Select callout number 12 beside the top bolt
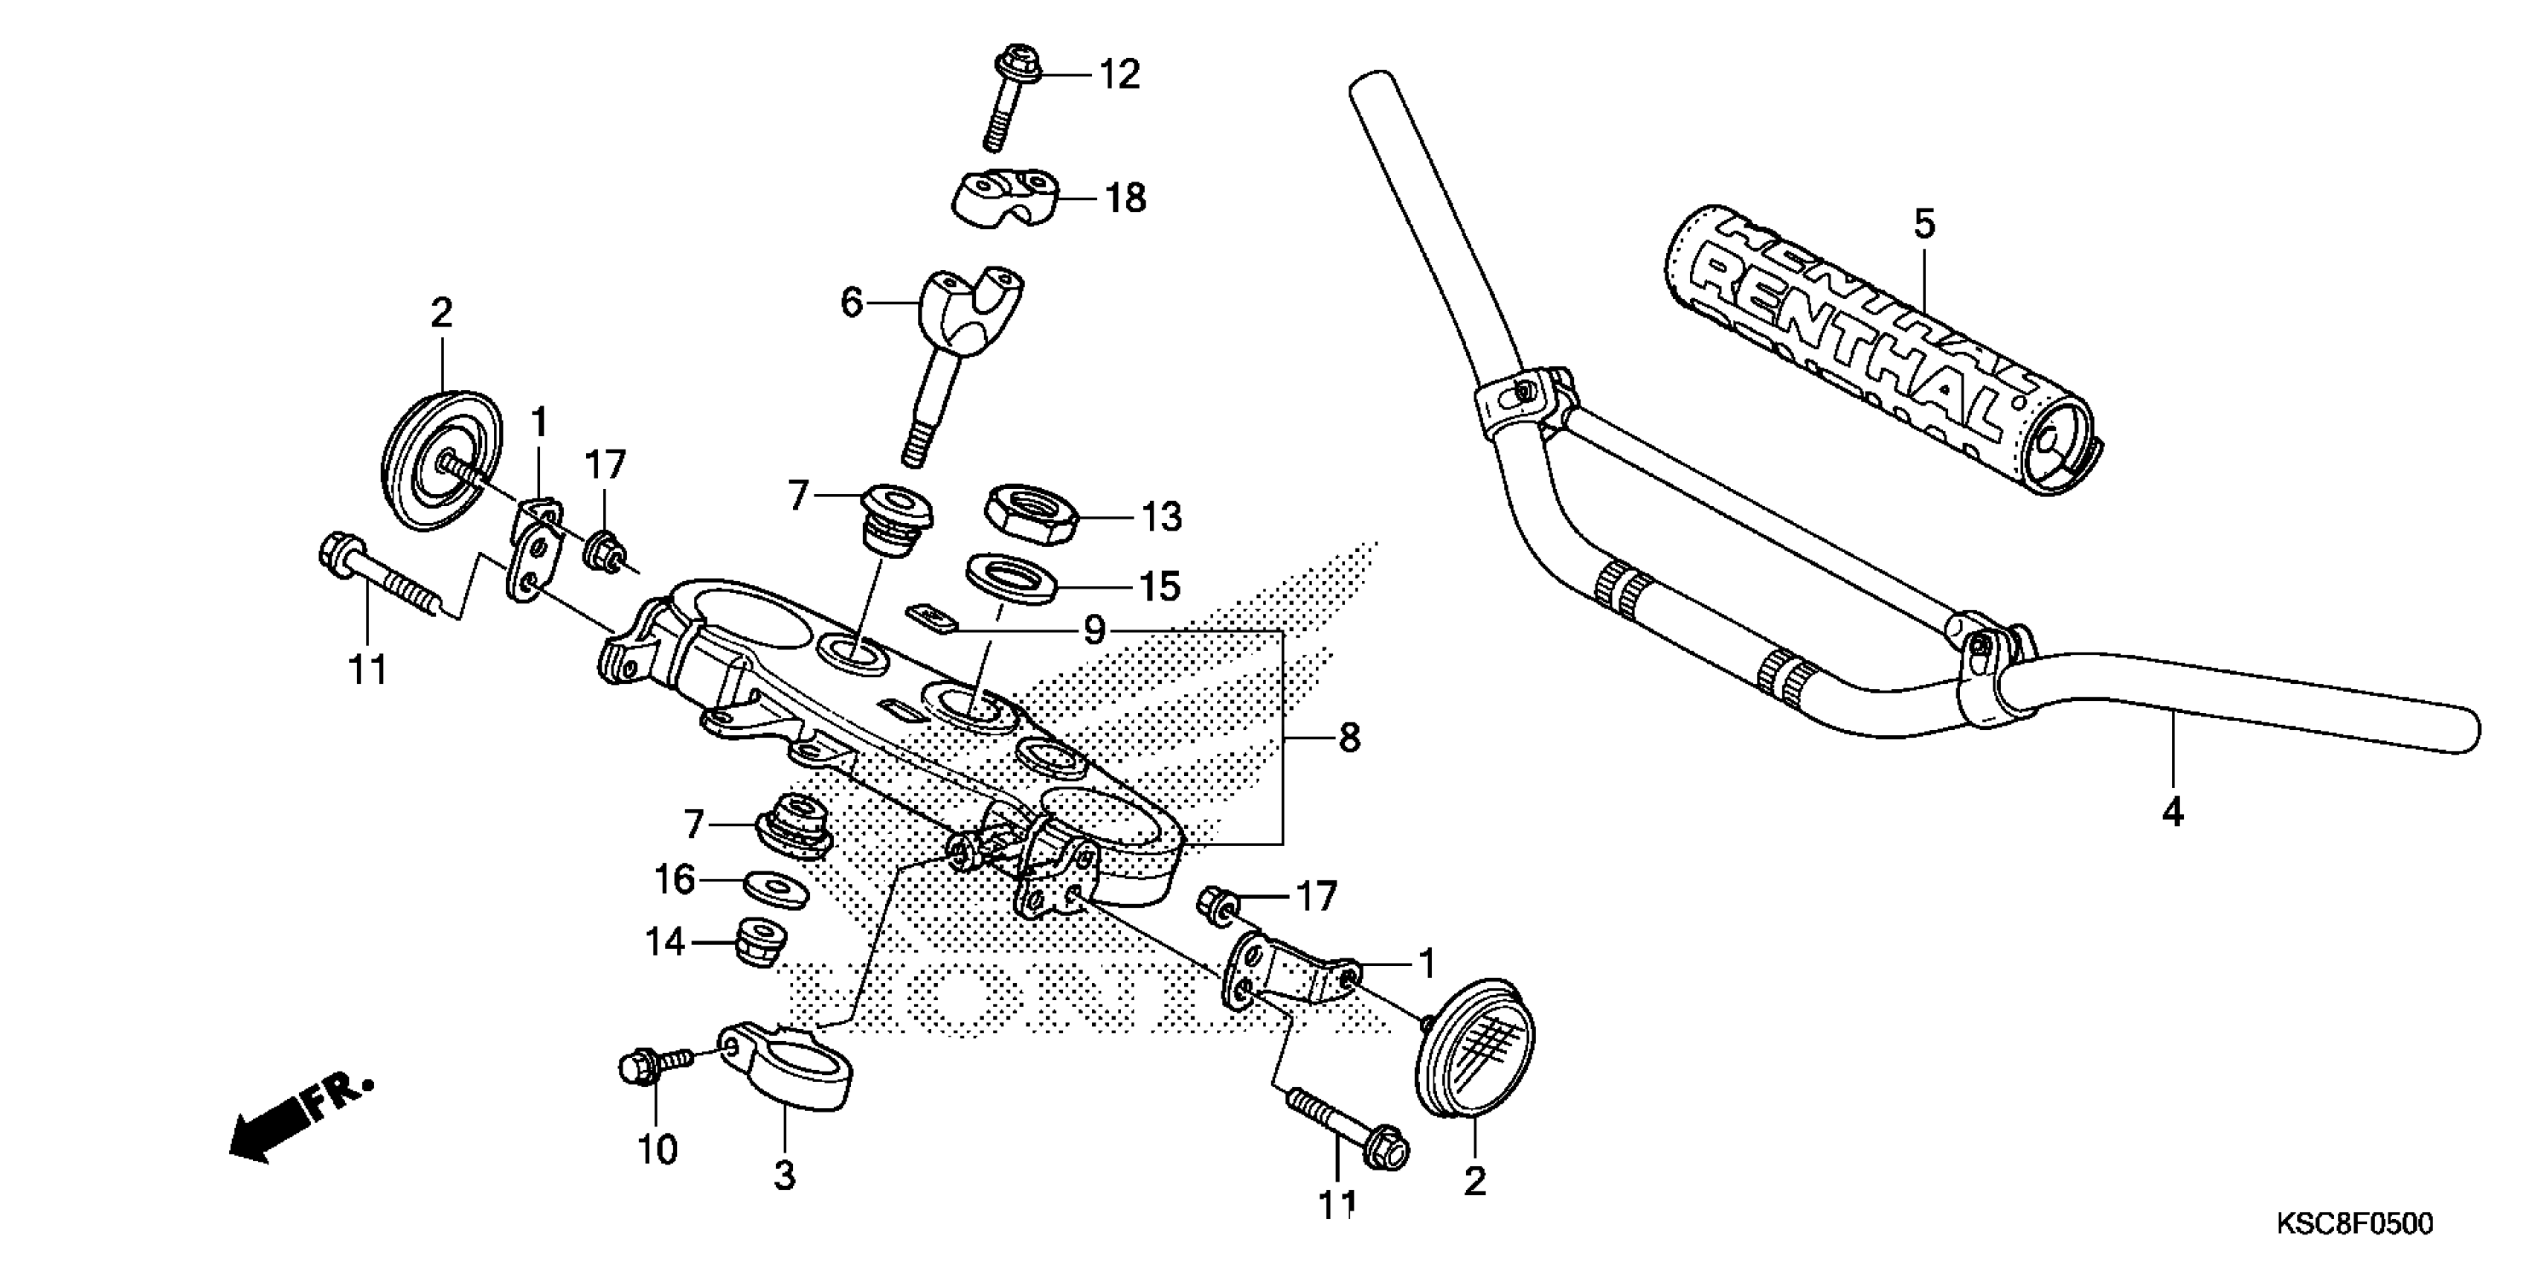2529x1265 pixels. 1120,74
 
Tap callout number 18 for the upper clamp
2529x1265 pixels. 1125,199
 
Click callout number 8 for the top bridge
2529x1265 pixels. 1349,737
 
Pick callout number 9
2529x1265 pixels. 1093,630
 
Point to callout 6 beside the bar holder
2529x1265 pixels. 851,303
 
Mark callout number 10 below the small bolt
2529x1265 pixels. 657,1148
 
